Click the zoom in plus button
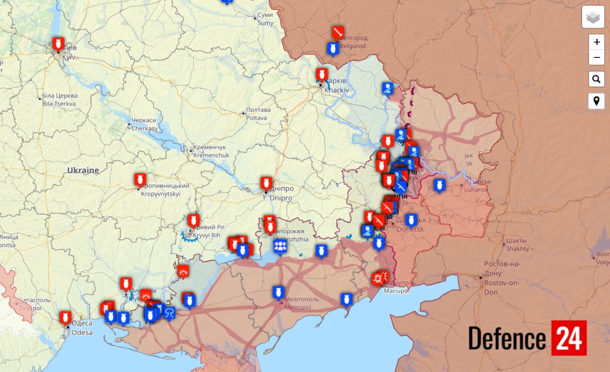click(596, 42)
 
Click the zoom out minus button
click(596, 57)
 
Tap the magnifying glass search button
click(596, 79)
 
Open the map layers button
click(593, 17)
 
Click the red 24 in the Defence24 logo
click(569, 338)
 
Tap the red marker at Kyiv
click(58, 43)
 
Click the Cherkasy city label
click(144, 124)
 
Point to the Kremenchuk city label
click(211, 151)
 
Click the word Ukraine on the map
click(83, 170)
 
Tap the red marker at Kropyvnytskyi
click(140, 179)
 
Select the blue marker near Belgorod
click(332, 49)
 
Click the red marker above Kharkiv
click(322, 74)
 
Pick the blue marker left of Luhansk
click(439, 185)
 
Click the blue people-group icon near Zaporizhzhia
click(280, 246)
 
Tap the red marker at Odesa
click(65, 317)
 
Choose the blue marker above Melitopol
click(278, 292)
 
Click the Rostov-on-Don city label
click(502, 278)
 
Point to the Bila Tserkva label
click(60, 99)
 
